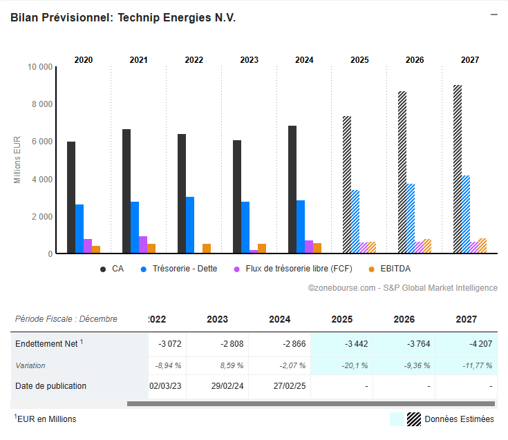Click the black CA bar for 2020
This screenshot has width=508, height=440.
tap(71, 198)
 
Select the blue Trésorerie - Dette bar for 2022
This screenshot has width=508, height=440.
tap(190, 225)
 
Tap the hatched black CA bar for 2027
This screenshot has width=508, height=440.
tap(458, 169)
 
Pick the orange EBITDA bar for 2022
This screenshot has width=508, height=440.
tap(207, 249)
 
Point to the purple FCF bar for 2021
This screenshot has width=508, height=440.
tap(143, 245)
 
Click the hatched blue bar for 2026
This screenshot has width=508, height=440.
tap(411, 218)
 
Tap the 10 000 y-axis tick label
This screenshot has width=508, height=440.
tap(39, 67)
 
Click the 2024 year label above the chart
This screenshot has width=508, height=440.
tap(304, 60)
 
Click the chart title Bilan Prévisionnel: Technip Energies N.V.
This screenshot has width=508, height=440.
tap(123, 18)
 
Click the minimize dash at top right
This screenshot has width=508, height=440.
tap(493, 14)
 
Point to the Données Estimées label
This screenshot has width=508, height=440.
tap(459, 419)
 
